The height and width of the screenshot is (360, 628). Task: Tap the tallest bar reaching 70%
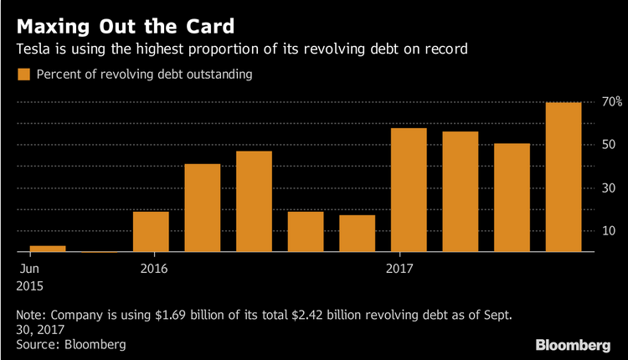pyautogui.click(x=564, y=177)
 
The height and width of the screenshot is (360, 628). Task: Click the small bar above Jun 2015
pyautogui.click(x=48, y=248)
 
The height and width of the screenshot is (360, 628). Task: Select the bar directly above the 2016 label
pyautogui.click(x=151, y=231)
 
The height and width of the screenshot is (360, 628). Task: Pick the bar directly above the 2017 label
pyautogui.click(x=409, y=190)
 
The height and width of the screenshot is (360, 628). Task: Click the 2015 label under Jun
pyautogui.click(x=29, y=285)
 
